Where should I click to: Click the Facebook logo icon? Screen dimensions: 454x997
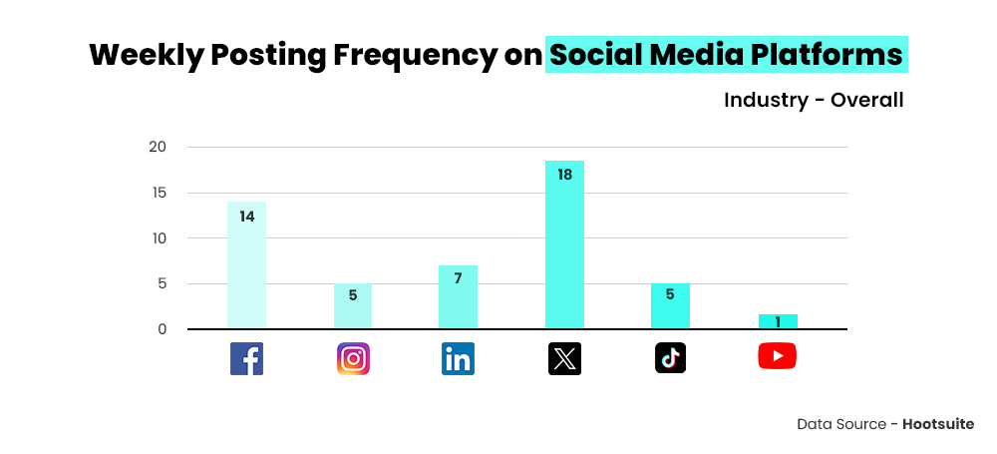click(x=246, y=358)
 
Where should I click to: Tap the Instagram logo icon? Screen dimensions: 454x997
click(x=353, y=358)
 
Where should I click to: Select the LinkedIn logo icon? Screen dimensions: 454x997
click(x=458, y=358)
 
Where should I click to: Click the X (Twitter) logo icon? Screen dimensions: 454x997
click(x=564, y=358)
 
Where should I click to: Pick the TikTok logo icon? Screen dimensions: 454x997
click(x=670, y=358)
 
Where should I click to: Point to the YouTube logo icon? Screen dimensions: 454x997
click(x=777, y=355)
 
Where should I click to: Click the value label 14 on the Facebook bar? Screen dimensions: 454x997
click(x=246, y=216)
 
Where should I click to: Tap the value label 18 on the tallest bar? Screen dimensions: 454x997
click(x=564, y=175)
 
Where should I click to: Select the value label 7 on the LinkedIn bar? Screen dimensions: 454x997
click(x=458, y=278)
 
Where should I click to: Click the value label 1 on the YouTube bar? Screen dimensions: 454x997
click(x=777, y=321)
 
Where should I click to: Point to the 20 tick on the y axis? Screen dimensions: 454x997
click(x=157, y=148)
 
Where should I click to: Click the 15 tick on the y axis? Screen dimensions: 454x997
click(x=157, y=193)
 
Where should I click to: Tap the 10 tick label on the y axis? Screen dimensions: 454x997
click(x=157, y=238)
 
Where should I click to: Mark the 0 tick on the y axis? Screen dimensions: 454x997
click(x=162, y=329)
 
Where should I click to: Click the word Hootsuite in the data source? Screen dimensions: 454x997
click(x=938, y=424)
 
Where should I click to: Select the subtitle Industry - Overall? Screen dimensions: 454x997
click(x=814, y=100)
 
